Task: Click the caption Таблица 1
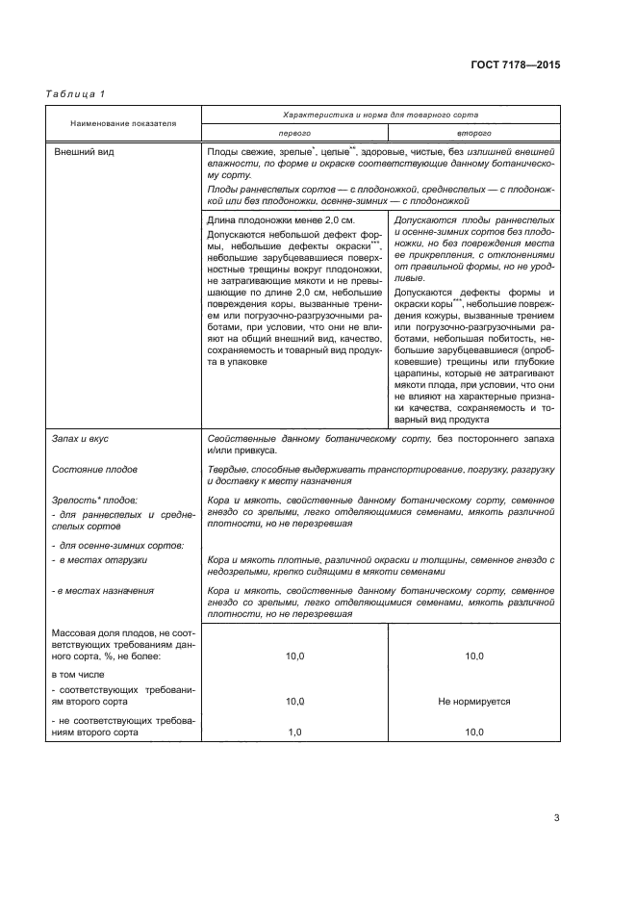[75, 93]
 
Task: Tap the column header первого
[293, 134]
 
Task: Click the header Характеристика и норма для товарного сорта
[379, 115]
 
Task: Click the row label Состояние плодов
[94, 469]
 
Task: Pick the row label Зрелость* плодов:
[94, 501]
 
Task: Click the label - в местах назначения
[100, 589]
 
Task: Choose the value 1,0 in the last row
[293, 733]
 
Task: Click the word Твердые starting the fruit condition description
[227, 469]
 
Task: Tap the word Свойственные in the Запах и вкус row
[243, 439]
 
